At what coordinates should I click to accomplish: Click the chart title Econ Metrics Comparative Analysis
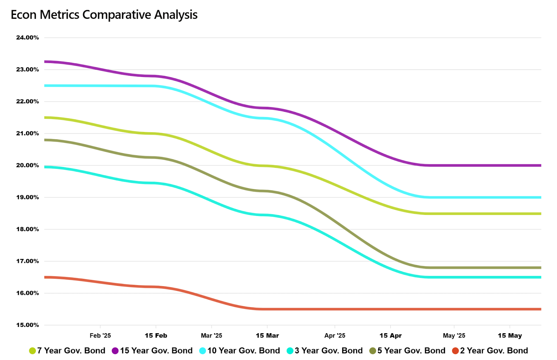tap(104, 15)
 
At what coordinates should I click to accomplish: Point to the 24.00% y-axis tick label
tap(28, 38)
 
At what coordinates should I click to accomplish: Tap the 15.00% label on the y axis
tap(28, 325)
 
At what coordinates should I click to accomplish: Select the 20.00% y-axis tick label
tap(28, 165)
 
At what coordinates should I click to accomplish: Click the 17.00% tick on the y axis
tap(28, 261)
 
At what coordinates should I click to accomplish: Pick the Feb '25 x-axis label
tap(100, 336)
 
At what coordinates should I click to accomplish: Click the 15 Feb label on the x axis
tap(156, 336)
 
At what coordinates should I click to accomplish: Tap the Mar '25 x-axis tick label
tap(211, 336)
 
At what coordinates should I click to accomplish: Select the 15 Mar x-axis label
tap(267, 336)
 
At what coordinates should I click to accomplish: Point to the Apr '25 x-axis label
tap(335, 336)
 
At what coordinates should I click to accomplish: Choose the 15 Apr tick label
tap(391, 336)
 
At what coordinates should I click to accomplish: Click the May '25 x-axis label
tap(454, 336)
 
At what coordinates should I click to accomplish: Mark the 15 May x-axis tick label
tap(510, 336)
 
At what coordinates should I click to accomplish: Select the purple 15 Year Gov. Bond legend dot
tap(115, 351)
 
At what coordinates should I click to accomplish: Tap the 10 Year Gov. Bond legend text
tap(244, 351)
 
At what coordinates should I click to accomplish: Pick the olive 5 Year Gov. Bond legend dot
tap(373, 351)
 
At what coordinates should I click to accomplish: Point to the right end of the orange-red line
tap(541, 309)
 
